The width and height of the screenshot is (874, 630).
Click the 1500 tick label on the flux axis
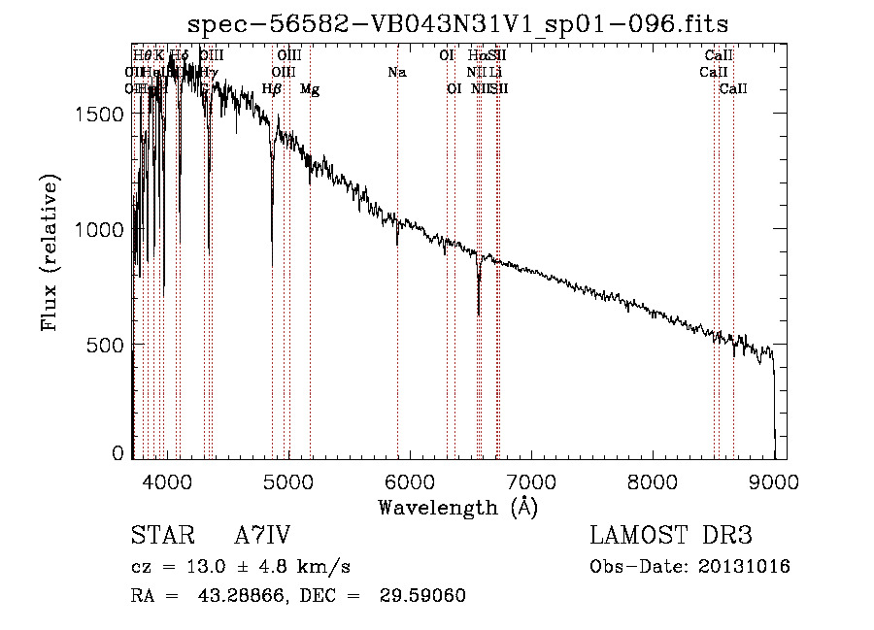click(x=101, y=114)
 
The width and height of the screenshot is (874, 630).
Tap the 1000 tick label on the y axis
click(x=101, y=229)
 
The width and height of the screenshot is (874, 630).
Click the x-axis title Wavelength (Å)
click(x=457, y=507)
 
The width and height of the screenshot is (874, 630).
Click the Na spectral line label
click(x=396, y=72)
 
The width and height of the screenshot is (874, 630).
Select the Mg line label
click(x=310, y=89)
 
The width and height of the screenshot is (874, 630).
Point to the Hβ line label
click(x=273, y=89)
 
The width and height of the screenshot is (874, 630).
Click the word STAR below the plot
click(x=156, y=535)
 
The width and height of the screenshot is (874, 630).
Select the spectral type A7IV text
click(x=262, y=535)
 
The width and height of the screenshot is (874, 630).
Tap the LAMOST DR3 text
click(x=671, y=535)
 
